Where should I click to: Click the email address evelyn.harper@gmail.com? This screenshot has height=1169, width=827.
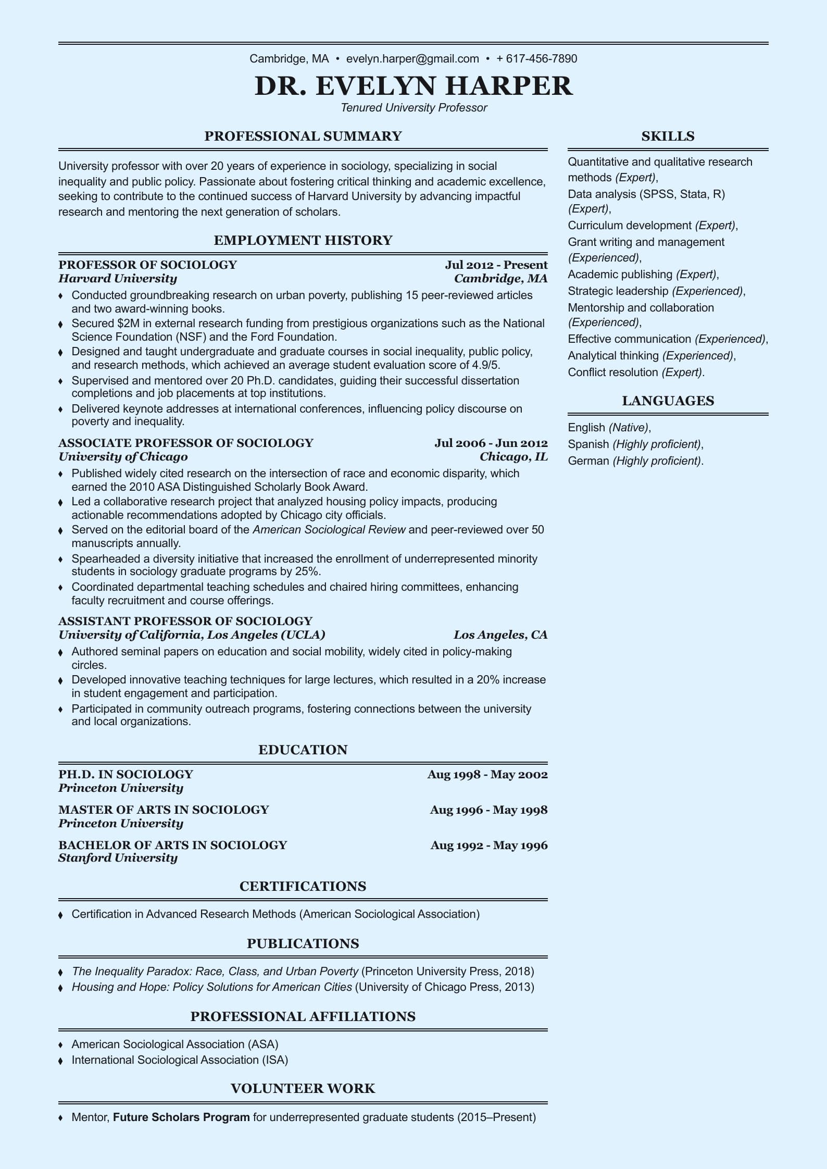pos(412,58)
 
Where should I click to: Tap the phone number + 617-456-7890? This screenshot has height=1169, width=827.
pos(536,58)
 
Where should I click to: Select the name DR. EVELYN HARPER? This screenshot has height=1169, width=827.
pos(414,86)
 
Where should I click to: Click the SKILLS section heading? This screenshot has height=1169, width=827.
pos(668,136)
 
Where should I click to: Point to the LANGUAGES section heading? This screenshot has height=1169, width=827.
pos(668,401)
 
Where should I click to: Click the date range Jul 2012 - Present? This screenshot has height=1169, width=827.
pos(496,265)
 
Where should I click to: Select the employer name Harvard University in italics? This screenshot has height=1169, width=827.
pos(118,279)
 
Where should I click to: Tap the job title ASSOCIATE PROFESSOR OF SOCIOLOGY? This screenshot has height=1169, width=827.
pos(186,443)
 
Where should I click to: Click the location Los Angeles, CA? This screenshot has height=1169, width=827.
pos(500,635)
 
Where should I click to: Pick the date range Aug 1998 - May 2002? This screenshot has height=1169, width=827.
pos(487,774)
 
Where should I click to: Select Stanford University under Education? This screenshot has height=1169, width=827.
pos(118,858)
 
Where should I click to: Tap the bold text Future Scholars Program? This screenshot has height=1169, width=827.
pos(181,1117)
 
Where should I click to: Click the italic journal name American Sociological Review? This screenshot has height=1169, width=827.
pos(329,530)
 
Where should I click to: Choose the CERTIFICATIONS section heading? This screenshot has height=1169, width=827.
pos(303,886)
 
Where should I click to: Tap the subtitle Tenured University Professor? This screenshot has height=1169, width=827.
pos(414,108)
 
